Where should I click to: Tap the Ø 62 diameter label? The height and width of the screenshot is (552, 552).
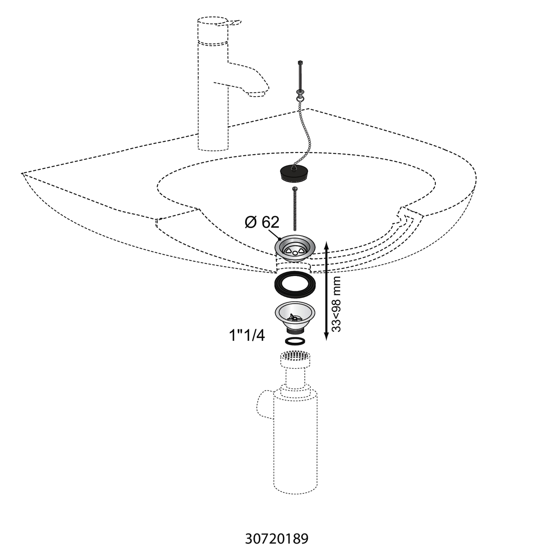pos(262,222)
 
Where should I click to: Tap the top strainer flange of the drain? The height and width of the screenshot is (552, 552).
pos(295,248)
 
